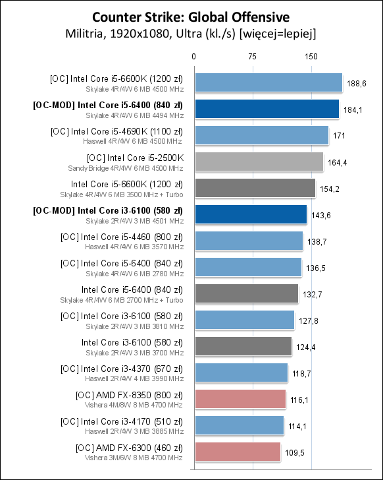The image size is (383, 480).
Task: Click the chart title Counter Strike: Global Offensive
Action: [x=191, y=17]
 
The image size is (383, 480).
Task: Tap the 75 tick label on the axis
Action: [x=252, y=57]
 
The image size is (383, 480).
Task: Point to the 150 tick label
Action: [x=311, y=57]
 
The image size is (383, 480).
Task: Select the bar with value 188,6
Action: [x=268, y=82]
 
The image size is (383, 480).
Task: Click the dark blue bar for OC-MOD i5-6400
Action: [x=267, y=109]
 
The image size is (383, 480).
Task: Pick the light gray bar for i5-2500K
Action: [x=259, y=162]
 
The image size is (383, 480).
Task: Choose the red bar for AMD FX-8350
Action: [x=240, y=399]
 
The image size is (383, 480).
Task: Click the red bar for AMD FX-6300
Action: [x=238, y=452]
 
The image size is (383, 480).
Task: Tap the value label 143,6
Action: [x=321, y=216]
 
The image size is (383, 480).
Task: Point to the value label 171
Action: [x=339, y=136]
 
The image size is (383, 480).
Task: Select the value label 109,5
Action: [x=295, y=453]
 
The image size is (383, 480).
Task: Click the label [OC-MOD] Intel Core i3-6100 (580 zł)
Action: [x=108, y=210]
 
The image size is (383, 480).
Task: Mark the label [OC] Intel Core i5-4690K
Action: [x=99, y=132]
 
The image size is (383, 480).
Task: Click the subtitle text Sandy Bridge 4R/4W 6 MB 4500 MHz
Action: [x=126, y=168]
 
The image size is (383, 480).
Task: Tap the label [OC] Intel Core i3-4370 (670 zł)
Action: [x=122, y=369]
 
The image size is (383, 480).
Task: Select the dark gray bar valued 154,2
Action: [x=255, y=188]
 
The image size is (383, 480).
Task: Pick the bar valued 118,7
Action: [x=242, y=373]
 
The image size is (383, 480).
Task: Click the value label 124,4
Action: [x=306, y=347]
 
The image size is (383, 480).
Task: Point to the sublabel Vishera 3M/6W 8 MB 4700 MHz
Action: [x=134, y=458]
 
